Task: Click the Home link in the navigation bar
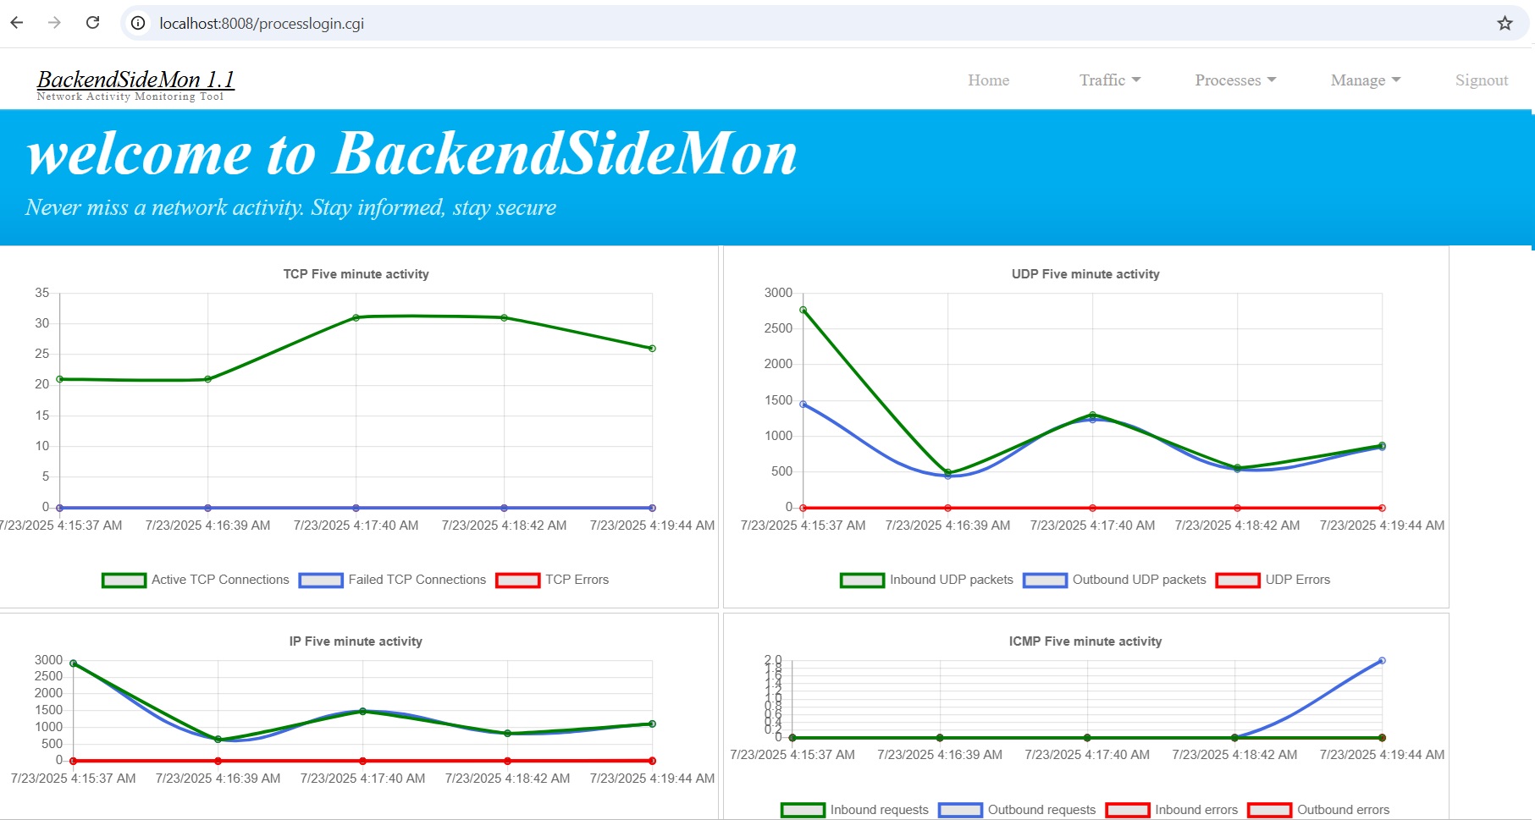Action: click(988, 80)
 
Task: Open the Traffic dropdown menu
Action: click(1109, 80)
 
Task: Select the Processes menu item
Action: click(1234, 80)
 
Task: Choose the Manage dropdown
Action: click(1365, 80)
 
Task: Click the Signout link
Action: click(1481, 80)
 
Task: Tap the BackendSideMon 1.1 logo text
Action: click(135, 80)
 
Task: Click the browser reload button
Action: click(93, 23)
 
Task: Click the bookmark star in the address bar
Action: click(1505, 24)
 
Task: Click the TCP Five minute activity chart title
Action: click(356, 274)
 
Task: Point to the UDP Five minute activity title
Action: click(1085, 274)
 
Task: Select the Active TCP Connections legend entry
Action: click(196, 580)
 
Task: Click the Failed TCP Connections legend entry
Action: click(393, 580)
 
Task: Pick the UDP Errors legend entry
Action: click(1273, 580)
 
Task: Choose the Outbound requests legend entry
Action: click(1018, 810)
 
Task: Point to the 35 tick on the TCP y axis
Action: click(42, 293)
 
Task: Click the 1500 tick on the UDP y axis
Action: click(778, 400)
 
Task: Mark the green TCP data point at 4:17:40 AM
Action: click(356, 318)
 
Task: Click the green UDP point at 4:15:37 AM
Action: click(803, 311)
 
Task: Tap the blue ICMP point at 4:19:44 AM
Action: click(1382, 661)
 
